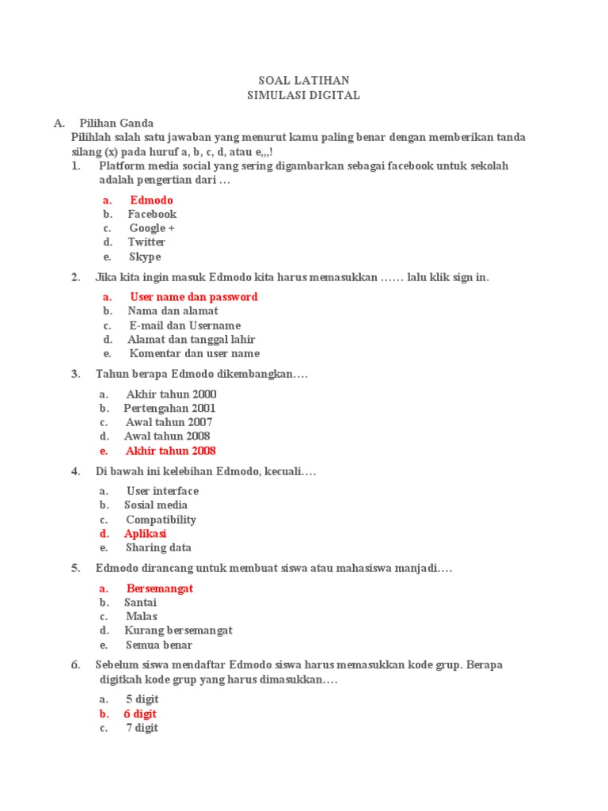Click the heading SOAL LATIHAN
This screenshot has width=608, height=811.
[x=304, y=81]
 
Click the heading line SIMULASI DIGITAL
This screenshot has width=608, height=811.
[x=304, y=95]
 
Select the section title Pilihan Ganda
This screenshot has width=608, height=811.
[x=116, y=124]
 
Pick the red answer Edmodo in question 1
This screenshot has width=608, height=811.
[x=151, y=200]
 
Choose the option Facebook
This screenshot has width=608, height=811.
[x=152, y=214]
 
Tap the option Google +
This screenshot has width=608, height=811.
[x=152, y=228]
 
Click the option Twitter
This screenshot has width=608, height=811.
[x=146, y=242]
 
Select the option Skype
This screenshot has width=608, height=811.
[x=145, y=257]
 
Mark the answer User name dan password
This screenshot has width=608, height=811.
[x=194, y=297]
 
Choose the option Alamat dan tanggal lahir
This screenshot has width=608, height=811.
[x=191, y=340]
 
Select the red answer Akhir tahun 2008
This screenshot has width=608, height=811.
[x=170, y=451]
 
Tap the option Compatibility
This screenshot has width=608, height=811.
[x=161, y=520]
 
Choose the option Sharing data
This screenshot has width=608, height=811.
[x=158, y=548]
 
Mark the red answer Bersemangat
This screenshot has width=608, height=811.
[x=159, y=588]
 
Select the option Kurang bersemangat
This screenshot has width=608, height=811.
[x=178, y=630]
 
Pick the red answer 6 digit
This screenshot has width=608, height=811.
[x=139, y=714]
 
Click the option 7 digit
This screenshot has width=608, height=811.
[x=142, y=728]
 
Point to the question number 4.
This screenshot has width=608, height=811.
[x=75, y=472]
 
